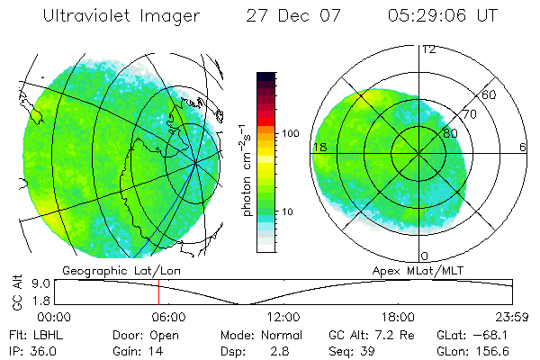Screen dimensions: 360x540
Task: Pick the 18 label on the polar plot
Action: [x=319, y=147]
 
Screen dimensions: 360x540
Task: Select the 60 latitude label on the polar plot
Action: [x=490, y=94]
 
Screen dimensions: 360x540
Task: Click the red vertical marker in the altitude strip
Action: [x=158, y=292]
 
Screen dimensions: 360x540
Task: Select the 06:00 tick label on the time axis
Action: [x=168, y=318]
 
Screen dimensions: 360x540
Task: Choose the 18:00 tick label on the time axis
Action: [x=398, y=318]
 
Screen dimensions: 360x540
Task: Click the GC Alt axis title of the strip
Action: [x=15, y=292]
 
